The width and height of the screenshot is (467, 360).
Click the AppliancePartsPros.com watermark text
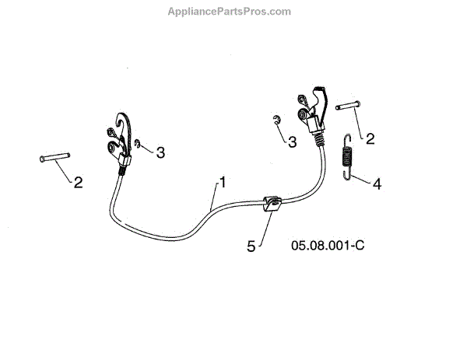(230, 12)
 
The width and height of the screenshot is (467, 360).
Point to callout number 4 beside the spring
(377, 184)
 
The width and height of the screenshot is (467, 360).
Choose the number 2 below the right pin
(370, 139)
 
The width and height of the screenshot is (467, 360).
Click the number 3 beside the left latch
(160, 152)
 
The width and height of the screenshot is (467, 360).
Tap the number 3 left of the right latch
(292, 142)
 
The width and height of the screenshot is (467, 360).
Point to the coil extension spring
(349, 156)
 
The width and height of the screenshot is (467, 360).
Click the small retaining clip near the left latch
(139, 144)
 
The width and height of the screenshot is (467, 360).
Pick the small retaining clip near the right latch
(276, 119)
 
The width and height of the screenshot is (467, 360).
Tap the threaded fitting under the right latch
(319, 138)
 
